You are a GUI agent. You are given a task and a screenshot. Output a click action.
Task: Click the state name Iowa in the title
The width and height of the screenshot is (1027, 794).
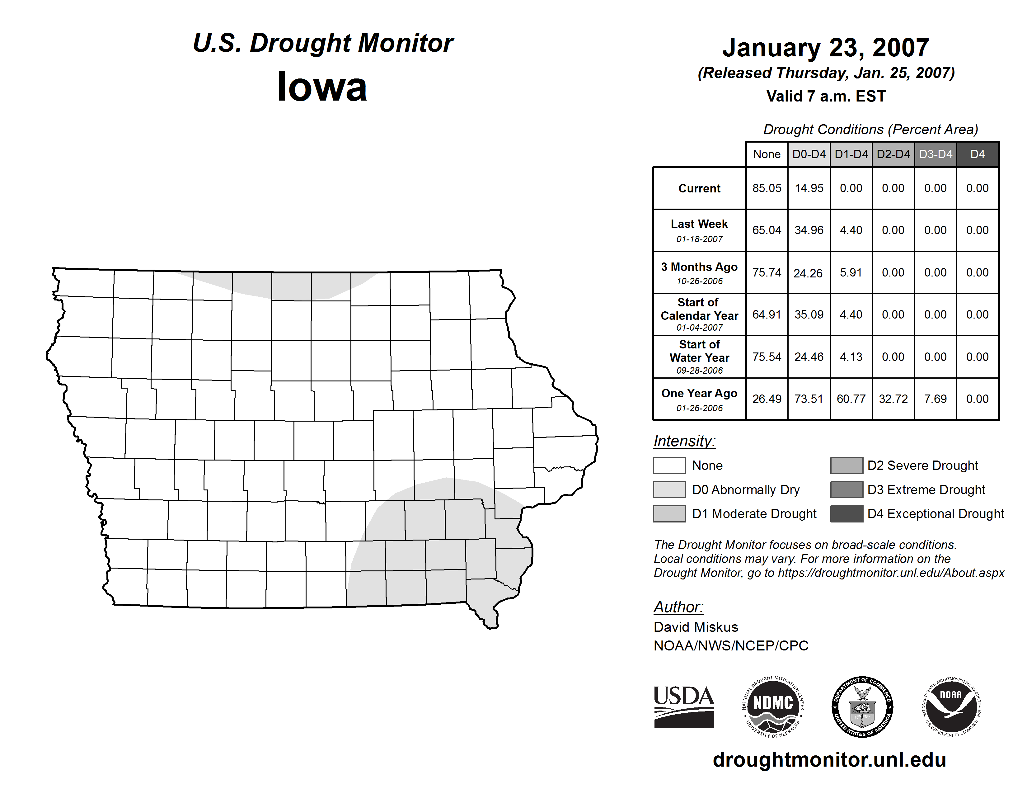(322, 87)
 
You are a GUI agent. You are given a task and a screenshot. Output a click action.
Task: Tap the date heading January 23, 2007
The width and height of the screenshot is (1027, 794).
(825, 48)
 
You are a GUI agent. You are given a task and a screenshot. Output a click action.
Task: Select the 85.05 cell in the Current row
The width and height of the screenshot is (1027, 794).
(767, 188)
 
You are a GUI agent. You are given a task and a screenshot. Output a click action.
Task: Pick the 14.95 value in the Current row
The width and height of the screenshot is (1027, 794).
(809, 188)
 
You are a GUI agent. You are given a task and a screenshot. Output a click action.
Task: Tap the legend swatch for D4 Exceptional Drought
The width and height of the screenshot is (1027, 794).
(846, 514)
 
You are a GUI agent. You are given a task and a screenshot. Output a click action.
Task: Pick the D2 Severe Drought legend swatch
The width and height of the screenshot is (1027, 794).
(846, 465)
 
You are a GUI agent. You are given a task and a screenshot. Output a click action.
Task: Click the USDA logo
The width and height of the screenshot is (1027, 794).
(684, 707)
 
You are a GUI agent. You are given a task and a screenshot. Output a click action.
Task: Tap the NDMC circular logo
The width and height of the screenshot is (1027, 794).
(773, 707)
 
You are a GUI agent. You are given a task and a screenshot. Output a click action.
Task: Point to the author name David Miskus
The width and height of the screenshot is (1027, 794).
(696, 627)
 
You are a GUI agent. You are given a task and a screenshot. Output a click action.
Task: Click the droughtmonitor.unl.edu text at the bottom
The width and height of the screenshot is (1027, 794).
(829, 760)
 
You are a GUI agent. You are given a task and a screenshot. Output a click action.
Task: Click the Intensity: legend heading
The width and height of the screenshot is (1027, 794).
(684, 441)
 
